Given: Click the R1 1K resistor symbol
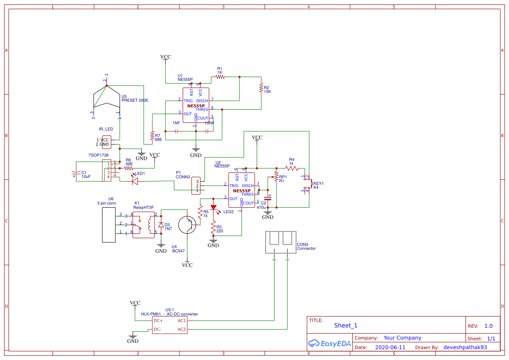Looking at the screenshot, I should pos(220,77).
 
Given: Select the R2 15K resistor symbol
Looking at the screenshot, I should pos(261,88).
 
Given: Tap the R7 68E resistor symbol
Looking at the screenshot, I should pos(152,136).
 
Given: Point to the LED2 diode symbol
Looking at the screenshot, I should pos(213,208).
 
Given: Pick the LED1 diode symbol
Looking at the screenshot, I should pos(135,181).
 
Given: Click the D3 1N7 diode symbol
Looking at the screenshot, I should pos(161,225).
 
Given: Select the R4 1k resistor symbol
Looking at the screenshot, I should pos(292,168).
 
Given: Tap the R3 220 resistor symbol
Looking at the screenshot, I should pos(213,228).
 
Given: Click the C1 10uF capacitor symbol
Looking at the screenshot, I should pos(76,173).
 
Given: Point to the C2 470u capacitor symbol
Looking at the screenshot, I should pos(268,198).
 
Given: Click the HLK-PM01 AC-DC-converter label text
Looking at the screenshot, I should pos(169,314).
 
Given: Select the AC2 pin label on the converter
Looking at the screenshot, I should pos(182,329).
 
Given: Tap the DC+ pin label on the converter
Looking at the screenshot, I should pos(158,320).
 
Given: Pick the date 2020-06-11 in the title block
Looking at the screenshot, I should pos(390,347).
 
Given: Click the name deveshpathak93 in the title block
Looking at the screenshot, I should pos(465,347).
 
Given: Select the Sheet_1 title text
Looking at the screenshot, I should pos(346,326).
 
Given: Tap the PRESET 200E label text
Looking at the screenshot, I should pos(135,100).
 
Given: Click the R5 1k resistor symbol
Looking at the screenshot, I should pos(200,212).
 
